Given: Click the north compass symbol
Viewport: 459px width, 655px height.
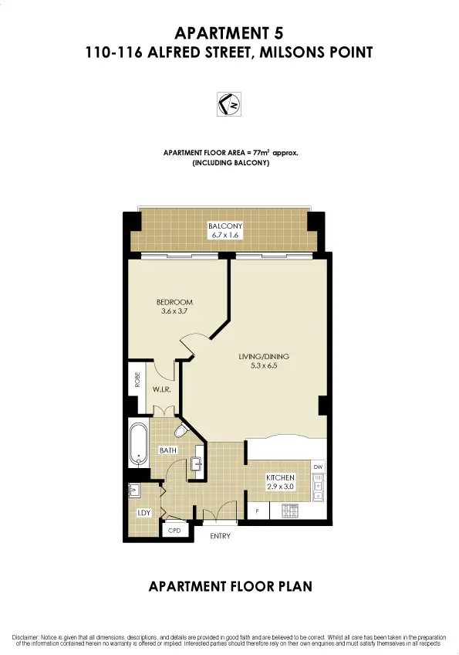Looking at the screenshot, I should [229, 104].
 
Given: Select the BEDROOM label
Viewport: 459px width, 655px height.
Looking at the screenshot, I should [174, 302].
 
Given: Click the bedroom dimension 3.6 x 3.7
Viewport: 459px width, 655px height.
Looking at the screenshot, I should [174, 311].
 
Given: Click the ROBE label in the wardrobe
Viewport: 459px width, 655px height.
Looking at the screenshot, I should [137, 378].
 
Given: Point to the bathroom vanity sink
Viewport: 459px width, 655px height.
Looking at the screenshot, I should [197, 463].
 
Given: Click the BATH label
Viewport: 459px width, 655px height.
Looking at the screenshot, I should [168, 450].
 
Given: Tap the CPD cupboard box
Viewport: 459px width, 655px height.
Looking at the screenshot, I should [174, 531].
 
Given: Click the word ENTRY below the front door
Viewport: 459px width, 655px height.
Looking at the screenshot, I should [220, 535].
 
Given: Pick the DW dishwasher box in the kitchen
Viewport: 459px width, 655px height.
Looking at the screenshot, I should [317, 467].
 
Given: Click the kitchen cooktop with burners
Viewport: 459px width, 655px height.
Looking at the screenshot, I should [292, 510].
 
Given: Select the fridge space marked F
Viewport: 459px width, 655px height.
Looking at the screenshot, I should [257, 511].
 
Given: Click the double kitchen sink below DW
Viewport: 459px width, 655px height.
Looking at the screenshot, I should [317, 487].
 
